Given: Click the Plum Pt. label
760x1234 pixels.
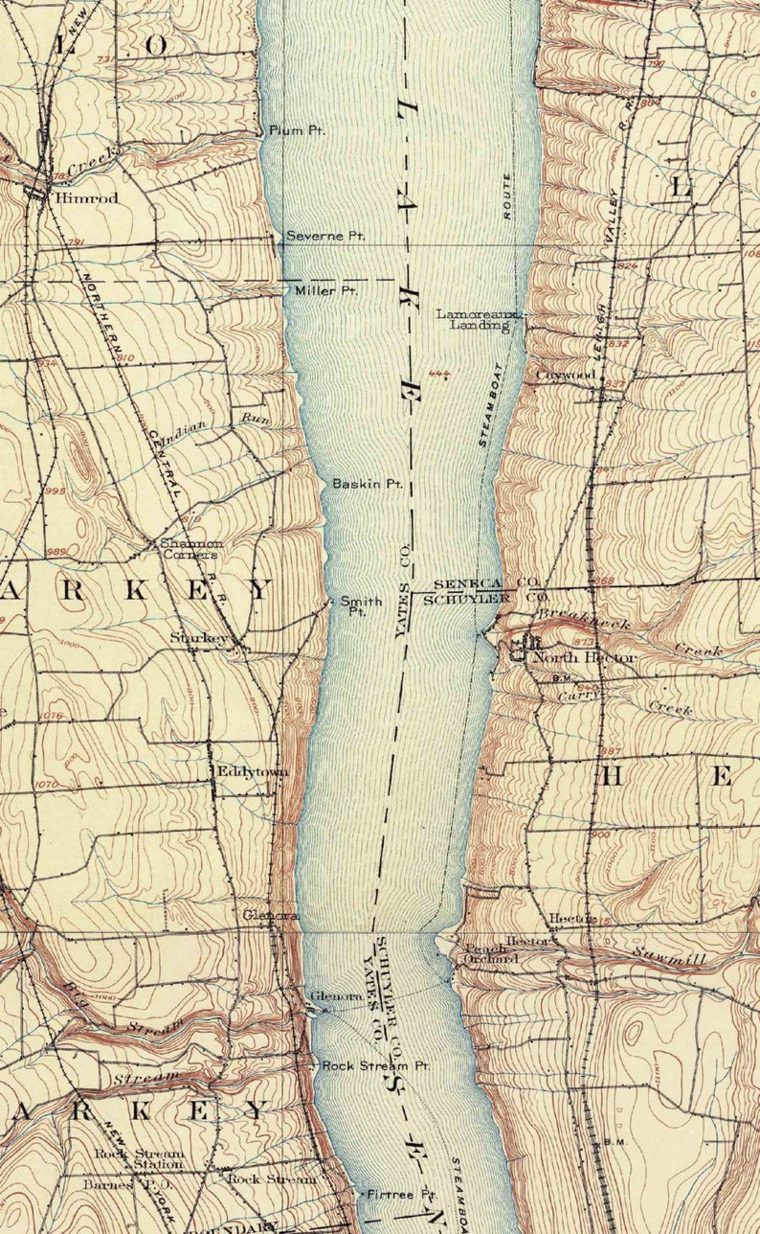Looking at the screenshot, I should [x=296, y=130].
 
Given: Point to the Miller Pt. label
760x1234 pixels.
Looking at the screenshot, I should [x=325, y=290].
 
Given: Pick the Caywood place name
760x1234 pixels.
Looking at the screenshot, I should [x=565, y=375].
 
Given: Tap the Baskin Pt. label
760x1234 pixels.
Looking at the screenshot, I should [x=366, y=484].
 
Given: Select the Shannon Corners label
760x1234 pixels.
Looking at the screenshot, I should [x=190, y=548].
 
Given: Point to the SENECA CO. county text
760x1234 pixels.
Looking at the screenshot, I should [x=486, y=583].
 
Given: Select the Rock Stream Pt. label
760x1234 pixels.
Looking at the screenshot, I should [x=375, y=1065].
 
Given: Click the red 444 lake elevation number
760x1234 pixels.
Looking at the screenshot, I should [x=440, y=374].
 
